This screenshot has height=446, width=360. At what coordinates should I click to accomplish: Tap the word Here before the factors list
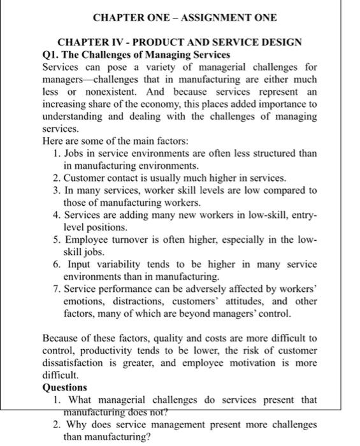pyautogui.click(x=53, y=140)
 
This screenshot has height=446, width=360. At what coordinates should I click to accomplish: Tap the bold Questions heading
pyautogui.click(x=64, y=387)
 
